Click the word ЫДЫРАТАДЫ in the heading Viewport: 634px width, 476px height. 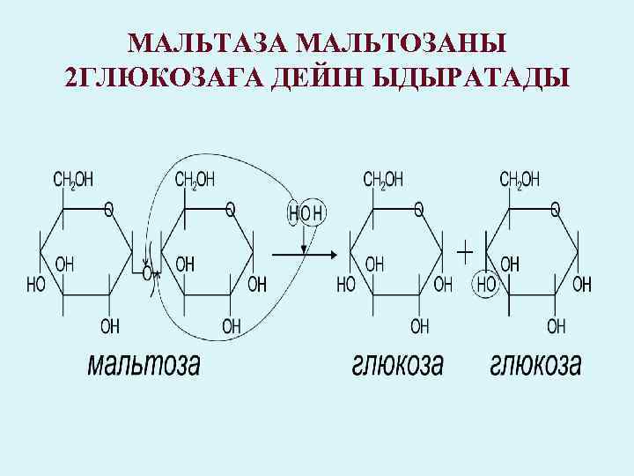click(470, 80)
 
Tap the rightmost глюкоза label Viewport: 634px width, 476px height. click(536, 364)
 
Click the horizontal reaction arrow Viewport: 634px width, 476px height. click(305, 256)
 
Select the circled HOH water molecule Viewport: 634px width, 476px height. click(306, 212)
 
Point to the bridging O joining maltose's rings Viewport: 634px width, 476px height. click(147, 273)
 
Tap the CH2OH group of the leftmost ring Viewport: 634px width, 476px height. click(74, 180)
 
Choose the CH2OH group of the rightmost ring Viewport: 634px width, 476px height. click(520, 180)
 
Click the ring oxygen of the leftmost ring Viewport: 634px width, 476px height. click(108, 209)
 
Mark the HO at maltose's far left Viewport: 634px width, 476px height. click(37, 285)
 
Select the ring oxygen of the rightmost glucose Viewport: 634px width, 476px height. click(555, 209)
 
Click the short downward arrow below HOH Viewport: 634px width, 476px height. click(304, 239)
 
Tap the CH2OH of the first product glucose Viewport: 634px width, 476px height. click(384, 180)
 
